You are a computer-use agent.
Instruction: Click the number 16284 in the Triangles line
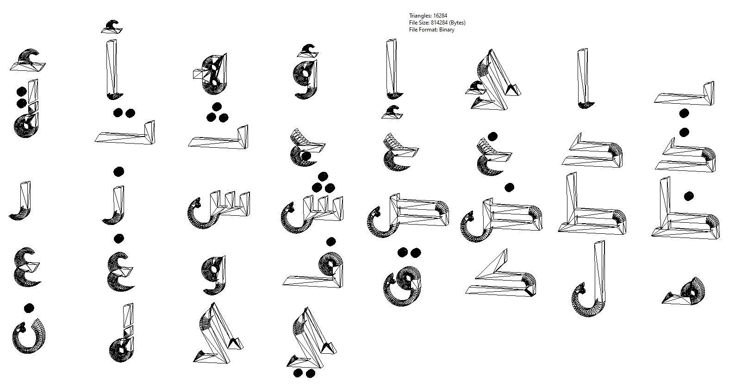pos(441,16)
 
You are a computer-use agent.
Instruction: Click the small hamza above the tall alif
pos(112,27)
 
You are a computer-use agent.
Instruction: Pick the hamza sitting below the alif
pos(392,112)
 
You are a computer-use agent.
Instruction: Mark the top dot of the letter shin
pos(323,176)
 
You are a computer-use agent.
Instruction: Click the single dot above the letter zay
pos(118,172)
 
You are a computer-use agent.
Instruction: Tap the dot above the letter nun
pos(29,308)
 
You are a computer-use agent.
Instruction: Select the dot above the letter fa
pos(330,242)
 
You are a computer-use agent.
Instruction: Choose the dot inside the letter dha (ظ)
pos(688,196)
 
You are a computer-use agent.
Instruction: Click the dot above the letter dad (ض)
pos(509,187)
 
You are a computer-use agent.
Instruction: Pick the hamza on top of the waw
pos(307,50)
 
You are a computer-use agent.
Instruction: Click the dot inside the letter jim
pos(305,156)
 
